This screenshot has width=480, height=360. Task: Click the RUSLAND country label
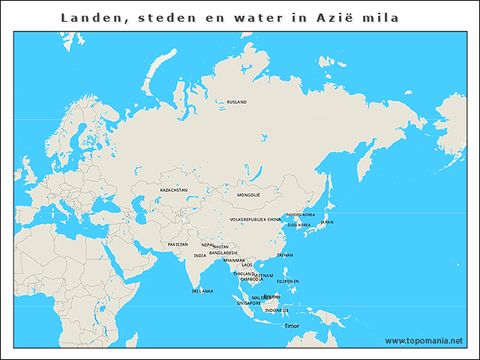237,102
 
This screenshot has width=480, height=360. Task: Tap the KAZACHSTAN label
174,190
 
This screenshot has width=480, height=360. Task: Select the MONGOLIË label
248,195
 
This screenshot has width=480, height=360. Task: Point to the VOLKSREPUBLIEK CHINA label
255,220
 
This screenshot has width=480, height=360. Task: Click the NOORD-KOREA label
301,215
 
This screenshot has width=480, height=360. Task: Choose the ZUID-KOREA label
299,225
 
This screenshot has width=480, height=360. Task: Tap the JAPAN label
327,223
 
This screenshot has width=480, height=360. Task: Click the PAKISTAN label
178,244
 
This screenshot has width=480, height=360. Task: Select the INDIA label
200,256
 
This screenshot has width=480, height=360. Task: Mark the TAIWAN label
285,256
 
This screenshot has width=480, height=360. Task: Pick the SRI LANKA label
202,291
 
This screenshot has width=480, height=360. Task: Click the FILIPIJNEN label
288,281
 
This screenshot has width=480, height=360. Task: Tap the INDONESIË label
276,310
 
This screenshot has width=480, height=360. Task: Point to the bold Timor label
291,326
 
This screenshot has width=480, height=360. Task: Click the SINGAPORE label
249,304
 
